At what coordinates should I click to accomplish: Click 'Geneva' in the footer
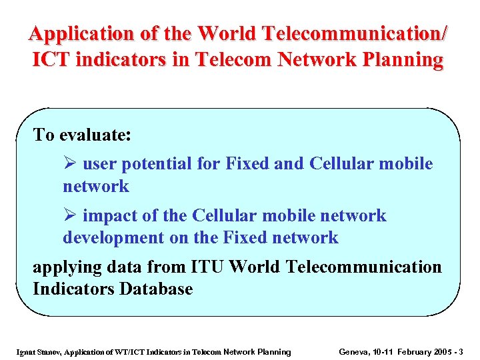coord(353,351)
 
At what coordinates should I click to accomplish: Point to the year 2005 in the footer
coord(447,351)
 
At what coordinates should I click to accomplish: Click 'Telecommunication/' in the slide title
coord(357,33)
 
